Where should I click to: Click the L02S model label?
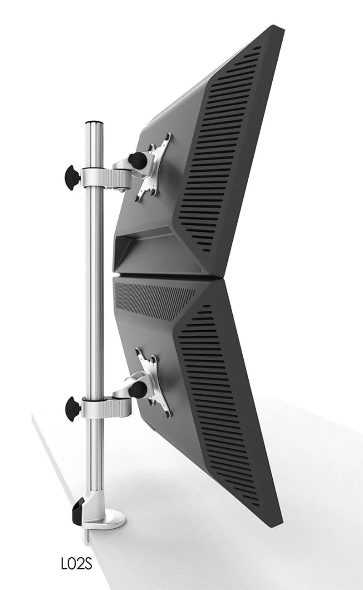[x=76, y=565]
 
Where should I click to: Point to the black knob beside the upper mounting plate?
[x=136, y=159]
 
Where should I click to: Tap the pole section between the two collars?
[x=94, y=291]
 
